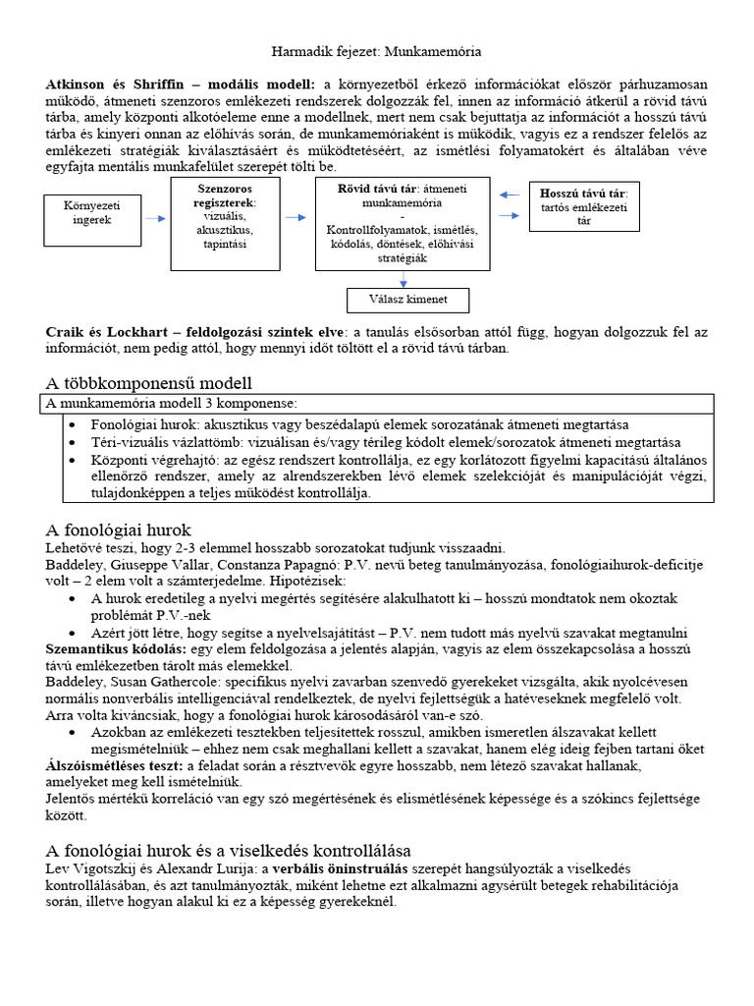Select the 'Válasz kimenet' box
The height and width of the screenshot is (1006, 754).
408,301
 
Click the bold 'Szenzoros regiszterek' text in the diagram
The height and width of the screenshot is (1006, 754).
227,194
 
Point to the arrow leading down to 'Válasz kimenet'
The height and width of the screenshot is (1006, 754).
403,279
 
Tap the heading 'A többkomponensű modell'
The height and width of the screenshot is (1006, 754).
155,382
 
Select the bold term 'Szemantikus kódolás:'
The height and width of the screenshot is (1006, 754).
112,649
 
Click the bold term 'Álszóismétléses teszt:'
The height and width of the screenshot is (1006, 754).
116,765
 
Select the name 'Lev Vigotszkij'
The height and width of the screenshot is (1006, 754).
89,869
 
